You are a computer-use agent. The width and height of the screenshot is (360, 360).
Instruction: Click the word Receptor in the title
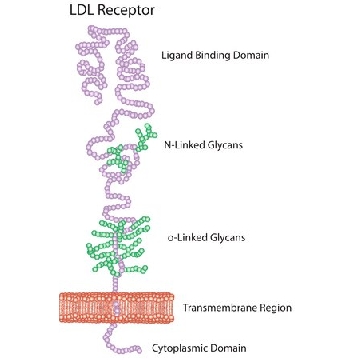click(127, 10)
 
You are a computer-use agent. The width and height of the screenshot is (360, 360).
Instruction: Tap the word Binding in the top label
click(208, 56)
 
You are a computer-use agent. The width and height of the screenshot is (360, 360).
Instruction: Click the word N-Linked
click(182, 145)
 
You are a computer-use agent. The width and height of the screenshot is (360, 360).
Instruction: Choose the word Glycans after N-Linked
click(223, 146)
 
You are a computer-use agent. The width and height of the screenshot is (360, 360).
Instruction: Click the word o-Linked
click(188, 238)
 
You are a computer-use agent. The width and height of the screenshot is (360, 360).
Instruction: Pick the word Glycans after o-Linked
click(228, 238)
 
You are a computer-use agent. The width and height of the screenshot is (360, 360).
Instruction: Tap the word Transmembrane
click(218, 308)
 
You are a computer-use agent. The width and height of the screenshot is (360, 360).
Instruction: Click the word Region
click(275, 308)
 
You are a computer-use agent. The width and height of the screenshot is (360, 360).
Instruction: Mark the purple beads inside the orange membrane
click(115, 308)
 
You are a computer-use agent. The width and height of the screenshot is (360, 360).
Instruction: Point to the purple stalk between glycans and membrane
click(115, 284)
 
